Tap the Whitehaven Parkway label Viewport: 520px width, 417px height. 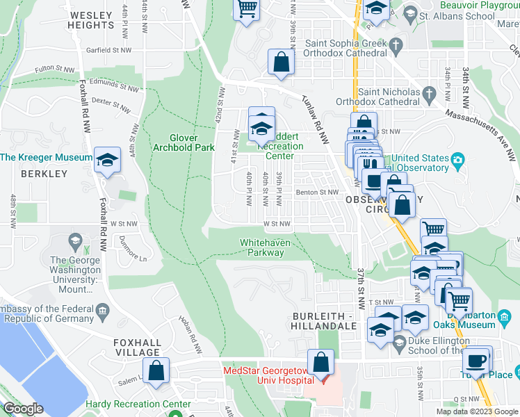pyautogui.click(x=262, y=247)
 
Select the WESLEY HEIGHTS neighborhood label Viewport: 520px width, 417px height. pyautogui.click(x=90, y=19)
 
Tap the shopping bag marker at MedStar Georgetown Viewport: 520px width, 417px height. pyautogui.click(x=321, y=362)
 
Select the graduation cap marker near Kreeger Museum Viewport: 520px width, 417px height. pyautogui.click(x=108, y=160)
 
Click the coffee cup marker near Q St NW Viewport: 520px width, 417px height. pyautogui.click(x=476, y=360)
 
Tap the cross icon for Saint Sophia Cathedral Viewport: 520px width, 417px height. pyautogui.click(x=396, y=47)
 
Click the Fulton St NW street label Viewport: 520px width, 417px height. pyautogui.click(x=54, y=69)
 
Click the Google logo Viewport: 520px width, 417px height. pyautogui.click(x=23, y=409)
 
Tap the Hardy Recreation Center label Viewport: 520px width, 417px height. pyautogui.click(x=138, y=404)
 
